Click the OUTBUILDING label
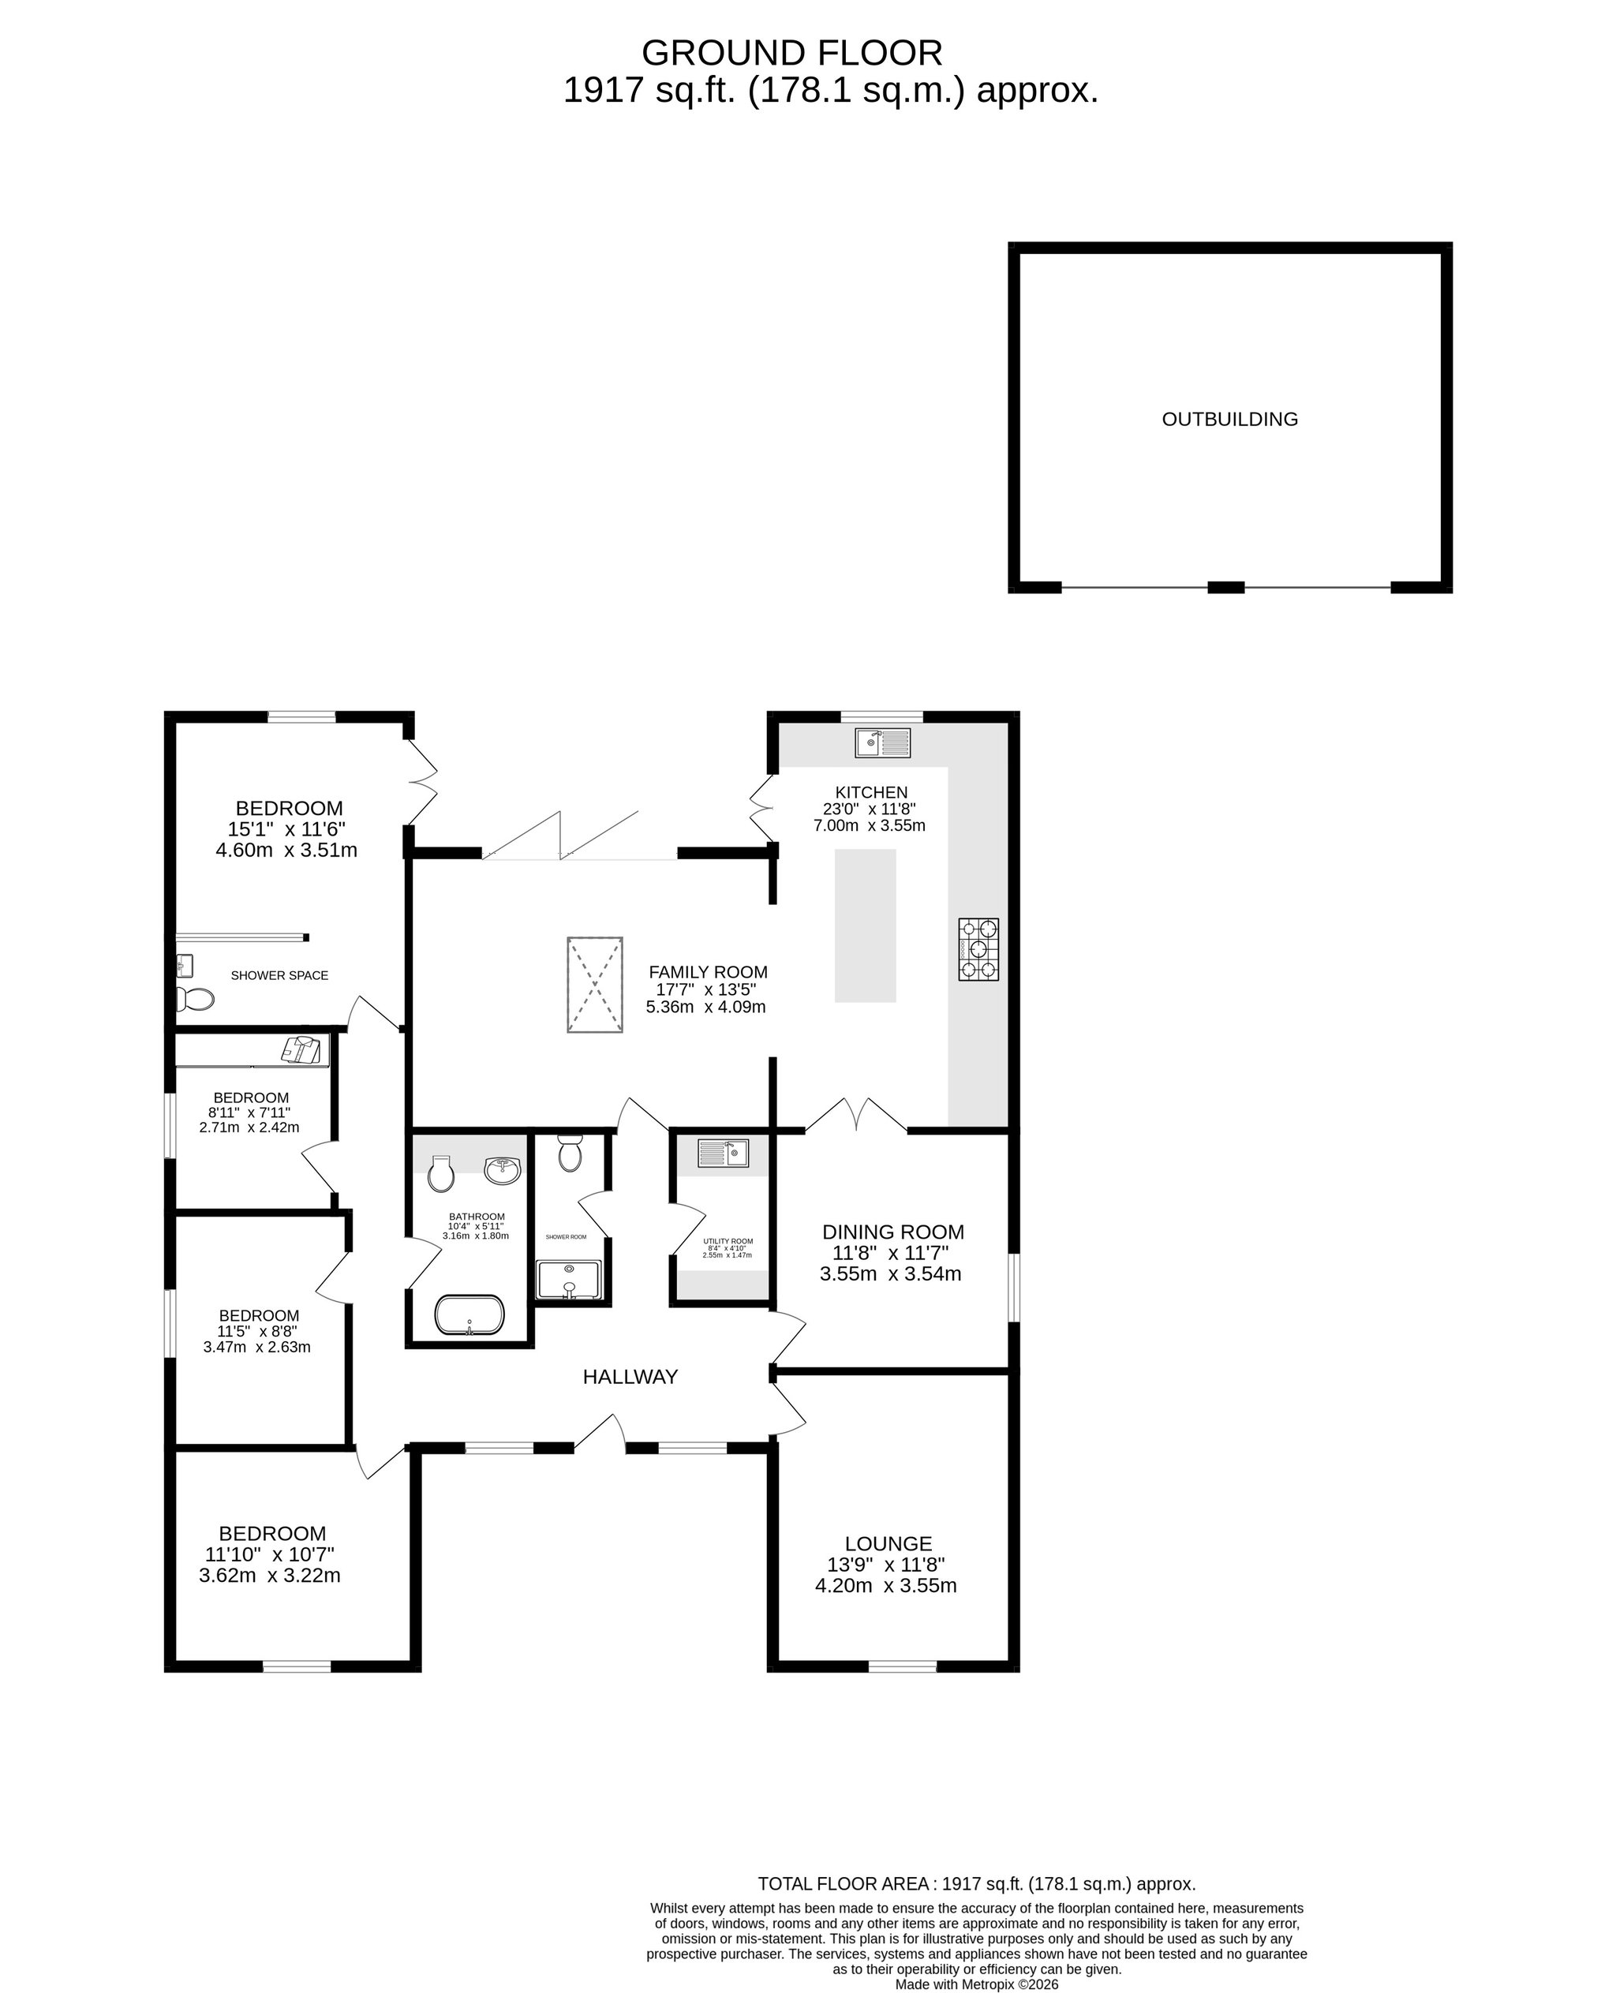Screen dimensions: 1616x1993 click(x=1229, y=419)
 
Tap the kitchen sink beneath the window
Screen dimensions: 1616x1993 click(x=882, y=742)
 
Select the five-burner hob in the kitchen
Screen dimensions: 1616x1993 click(x=978, y=948)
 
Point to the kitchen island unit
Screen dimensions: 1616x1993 click(x=865, y=925)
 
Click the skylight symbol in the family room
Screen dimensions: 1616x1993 click(x=594, y=985)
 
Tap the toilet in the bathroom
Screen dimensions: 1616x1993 click(x=440, y=1174)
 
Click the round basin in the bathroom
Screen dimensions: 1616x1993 click(x=503, y=1170)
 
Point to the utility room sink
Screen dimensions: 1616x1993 click(x=724, y=1154)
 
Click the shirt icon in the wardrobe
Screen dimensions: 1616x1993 click(x=301, y=1049)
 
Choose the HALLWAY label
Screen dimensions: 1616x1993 click(x=630, y=1377)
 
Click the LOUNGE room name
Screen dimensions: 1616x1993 click(x=888, y=1543)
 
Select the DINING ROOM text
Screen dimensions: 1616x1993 click(x=892, y=1232)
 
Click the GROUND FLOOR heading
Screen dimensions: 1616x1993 click(x=791, y=53)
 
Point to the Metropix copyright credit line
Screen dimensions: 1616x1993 click(x=977, y=1984)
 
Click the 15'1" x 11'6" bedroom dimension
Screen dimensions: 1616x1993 click(x=286, y=829)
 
